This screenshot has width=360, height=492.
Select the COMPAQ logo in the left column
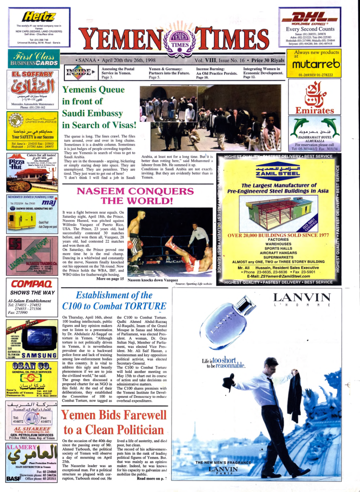(x=28, y=284)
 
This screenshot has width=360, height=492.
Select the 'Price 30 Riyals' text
(x=266, y=61)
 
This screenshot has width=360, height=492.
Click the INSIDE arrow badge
(x=77, y=72)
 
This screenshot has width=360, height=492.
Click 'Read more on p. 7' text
(x=152, y=479)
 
